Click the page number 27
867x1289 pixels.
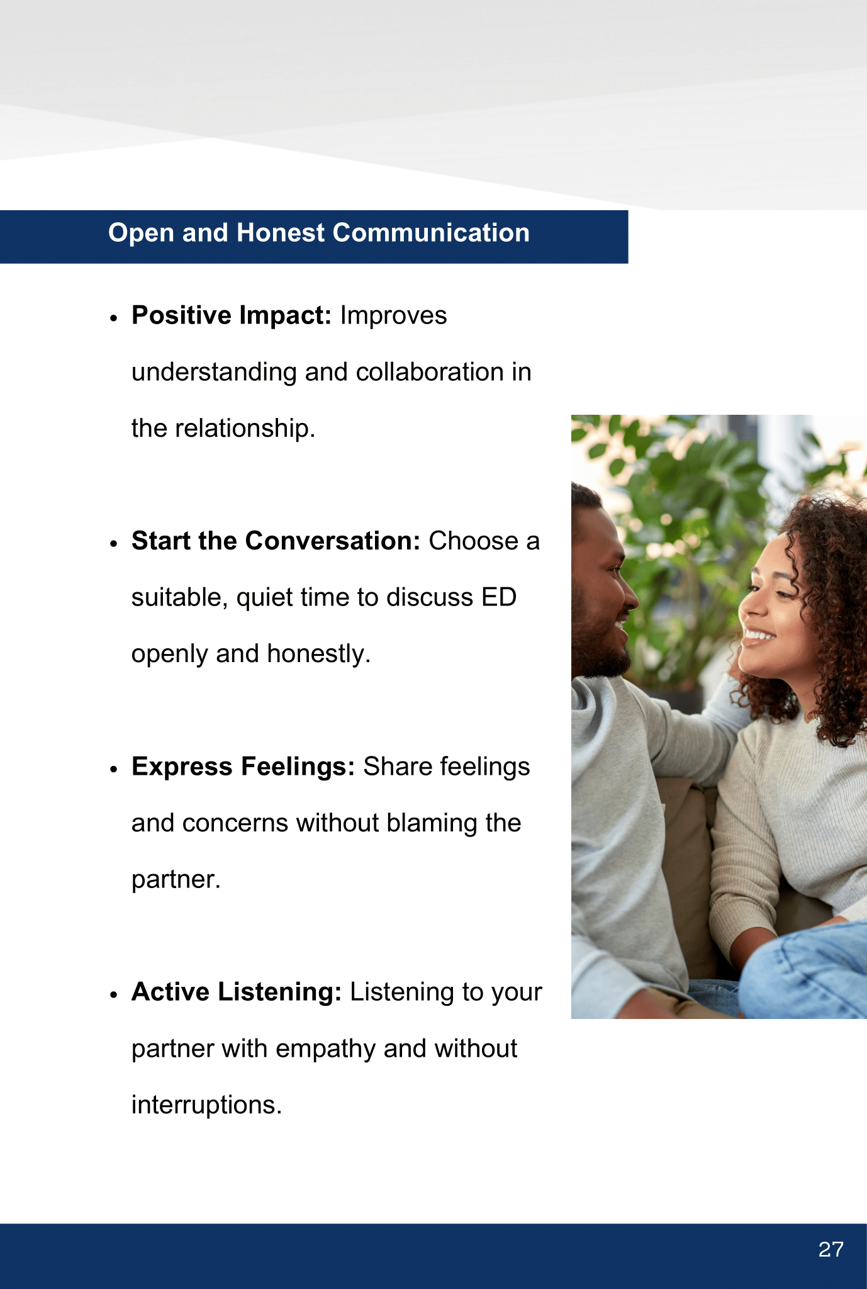click(831, 1249)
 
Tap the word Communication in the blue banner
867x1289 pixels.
click(431, 233)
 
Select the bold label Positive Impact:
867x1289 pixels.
click(232, 315)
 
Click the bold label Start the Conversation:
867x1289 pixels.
click(276, 541)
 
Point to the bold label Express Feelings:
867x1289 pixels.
click(243, 767)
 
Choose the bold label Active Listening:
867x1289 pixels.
click(237, 992)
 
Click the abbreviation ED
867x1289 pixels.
click(499, 597)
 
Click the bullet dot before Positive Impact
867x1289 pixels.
click(114, 318)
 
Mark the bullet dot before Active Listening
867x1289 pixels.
click(114, 995)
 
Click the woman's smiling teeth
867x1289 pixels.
click(759, 634)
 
